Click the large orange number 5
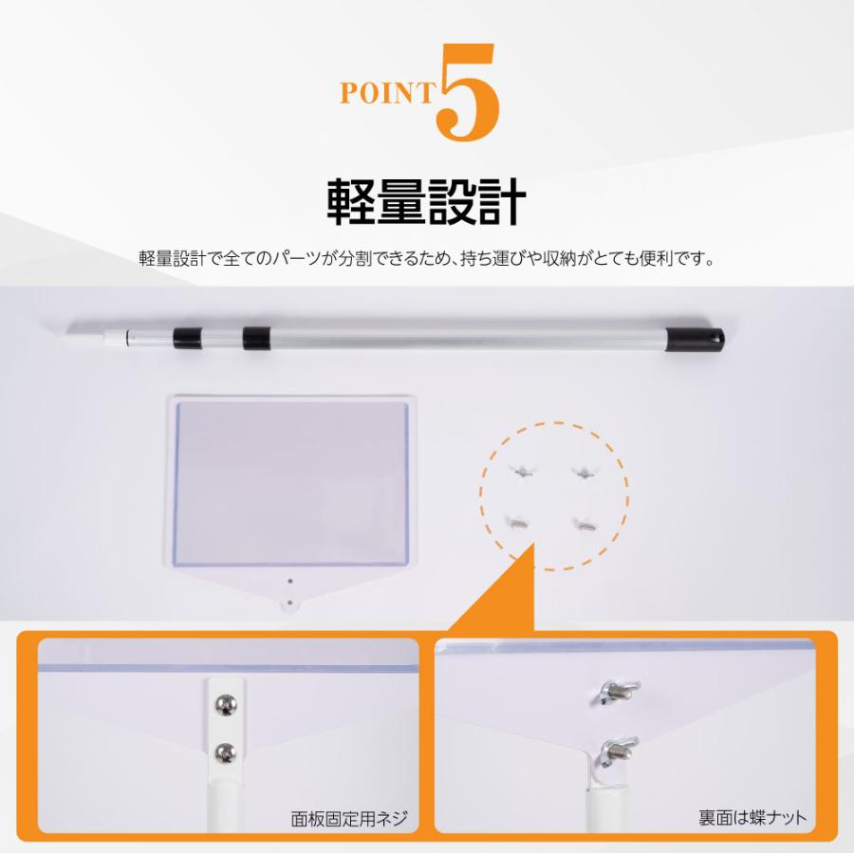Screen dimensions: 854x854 pos(467,92)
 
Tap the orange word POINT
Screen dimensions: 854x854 pos(388,93)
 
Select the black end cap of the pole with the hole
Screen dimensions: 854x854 pos(695,339)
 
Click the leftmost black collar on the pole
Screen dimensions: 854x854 pos(187,338)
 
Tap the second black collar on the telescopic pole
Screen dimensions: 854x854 pos(256,338)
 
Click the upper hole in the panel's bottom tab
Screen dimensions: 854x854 pos(290,581)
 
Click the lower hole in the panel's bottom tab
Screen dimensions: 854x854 pos(289,603)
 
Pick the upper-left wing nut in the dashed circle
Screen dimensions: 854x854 pos(522,471)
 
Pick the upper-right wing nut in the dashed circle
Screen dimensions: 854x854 pos(584,472)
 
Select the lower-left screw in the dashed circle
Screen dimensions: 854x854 pos(518,524)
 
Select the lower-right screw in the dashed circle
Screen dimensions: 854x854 pos(585,526)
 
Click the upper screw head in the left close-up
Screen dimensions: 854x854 pos(226,705)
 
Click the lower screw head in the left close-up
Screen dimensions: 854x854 pos(226,752)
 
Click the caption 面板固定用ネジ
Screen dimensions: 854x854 pos(349,818)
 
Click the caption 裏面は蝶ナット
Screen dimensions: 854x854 pos(752,817)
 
